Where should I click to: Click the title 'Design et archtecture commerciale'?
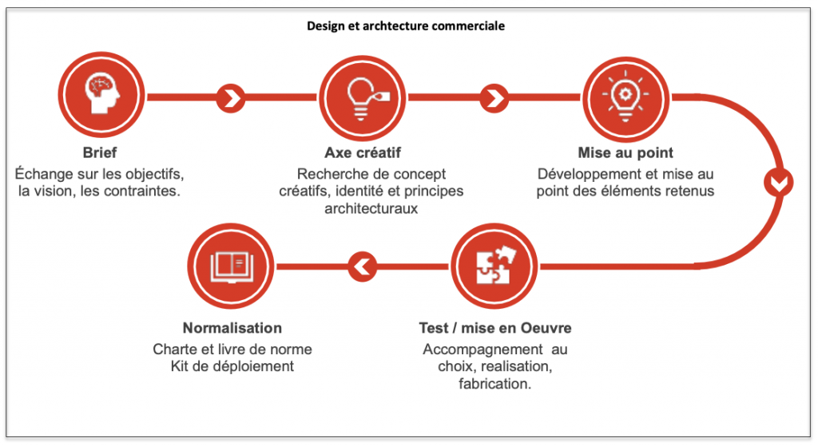[x=405, y=26]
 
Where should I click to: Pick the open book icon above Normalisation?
[x=231, y=266]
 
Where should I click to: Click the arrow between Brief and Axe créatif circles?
[x=231, y=98]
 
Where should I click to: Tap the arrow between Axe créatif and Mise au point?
[x=494, y=98]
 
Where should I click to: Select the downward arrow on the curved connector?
[x=778, y=183]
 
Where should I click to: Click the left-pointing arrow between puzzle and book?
[x=363, y=266]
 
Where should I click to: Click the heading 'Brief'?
[x=100, y=152]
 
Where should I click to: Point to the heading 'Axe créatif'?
[x=363, y=152]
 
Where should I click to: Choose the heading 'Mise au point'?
[x=625, y=152]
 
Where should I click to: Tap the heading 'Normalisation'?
[x=232, y=328]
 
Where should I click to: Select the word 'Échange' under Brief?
[x=44, y=173]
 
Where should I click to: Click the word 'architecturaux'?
[x=371, y=208]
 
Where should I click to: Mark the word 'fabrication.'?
[x=494, y=384]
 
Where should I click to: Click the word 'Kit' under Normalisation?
[x=180, y=366]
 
